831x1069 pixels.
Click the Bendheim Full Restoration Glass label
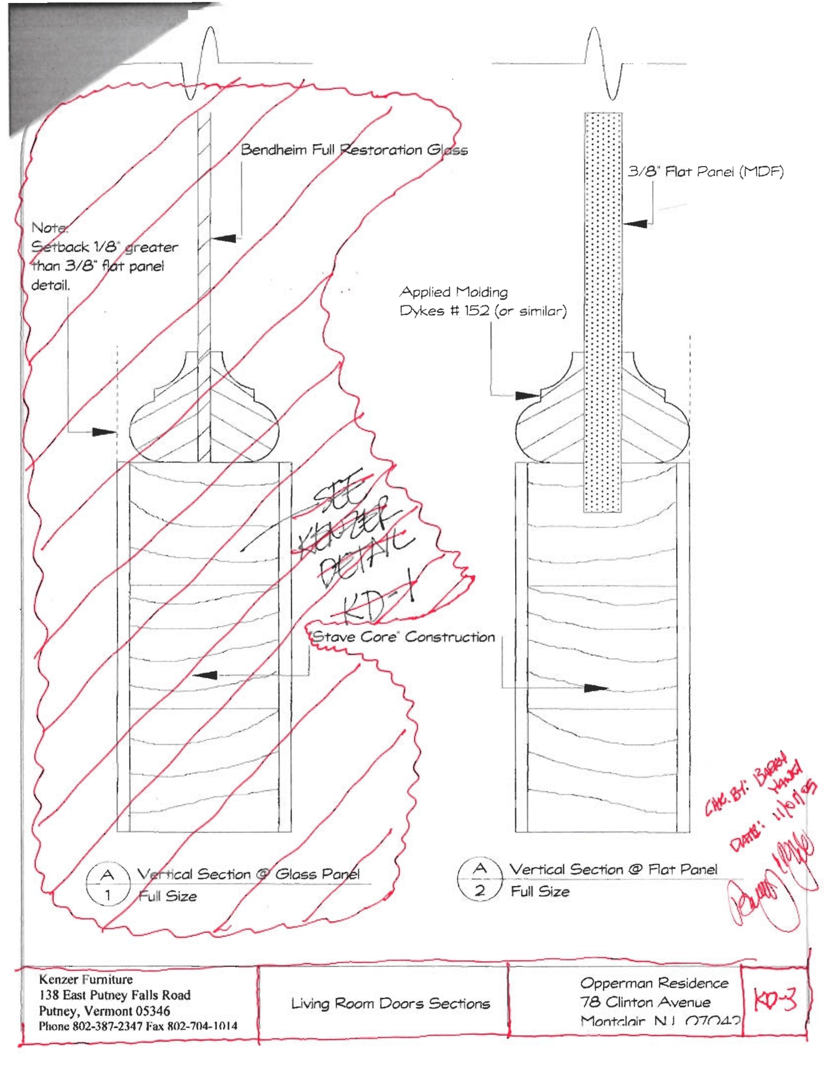pyautogui.click(x=353, y=149)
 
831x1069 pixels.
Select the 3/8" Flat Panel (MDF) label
pyautogui.click(x=705, y=172)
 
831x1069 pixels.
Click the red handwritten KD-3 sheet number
pyautogui.click(x=775, y=1001)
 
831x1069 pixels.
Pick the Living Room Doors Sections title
pyautogui.click(x=390, y=1003)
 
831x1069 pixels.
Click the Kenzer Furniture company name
pyautogui.click(x=86, y=980)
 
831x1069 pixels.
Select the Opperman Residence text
pyautogui.click(x=654, y=983)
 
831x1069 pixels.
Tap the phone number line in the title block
pyautogui.click(x=138, y=1026)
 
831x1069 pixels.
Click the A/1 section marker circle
pyautogui.click(x=108, y=885)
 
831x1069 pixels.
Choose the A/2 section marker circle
pyautogui.click(x=480, y=880)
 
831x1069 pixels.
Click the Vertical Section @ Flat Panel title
pyautogui.click(x=613, y=869)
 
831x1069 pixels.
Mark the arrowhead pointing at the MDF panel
pyautogui.click(x=635, y=223)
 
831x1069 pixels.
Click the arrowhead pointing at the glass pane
pyautogui.click(x=224, y=238)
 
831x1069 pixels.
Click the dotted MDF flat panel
pyautogui.click(x=603, y=312)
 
